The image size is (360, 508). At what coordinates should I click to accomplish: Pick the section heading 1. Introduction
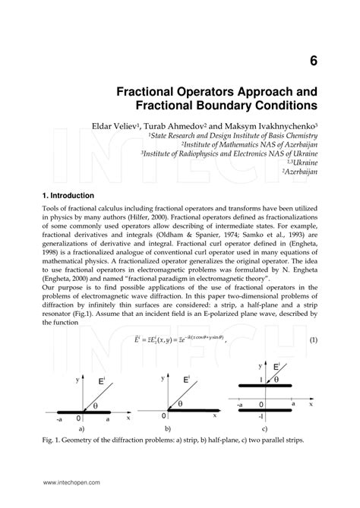pos(69,195)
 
